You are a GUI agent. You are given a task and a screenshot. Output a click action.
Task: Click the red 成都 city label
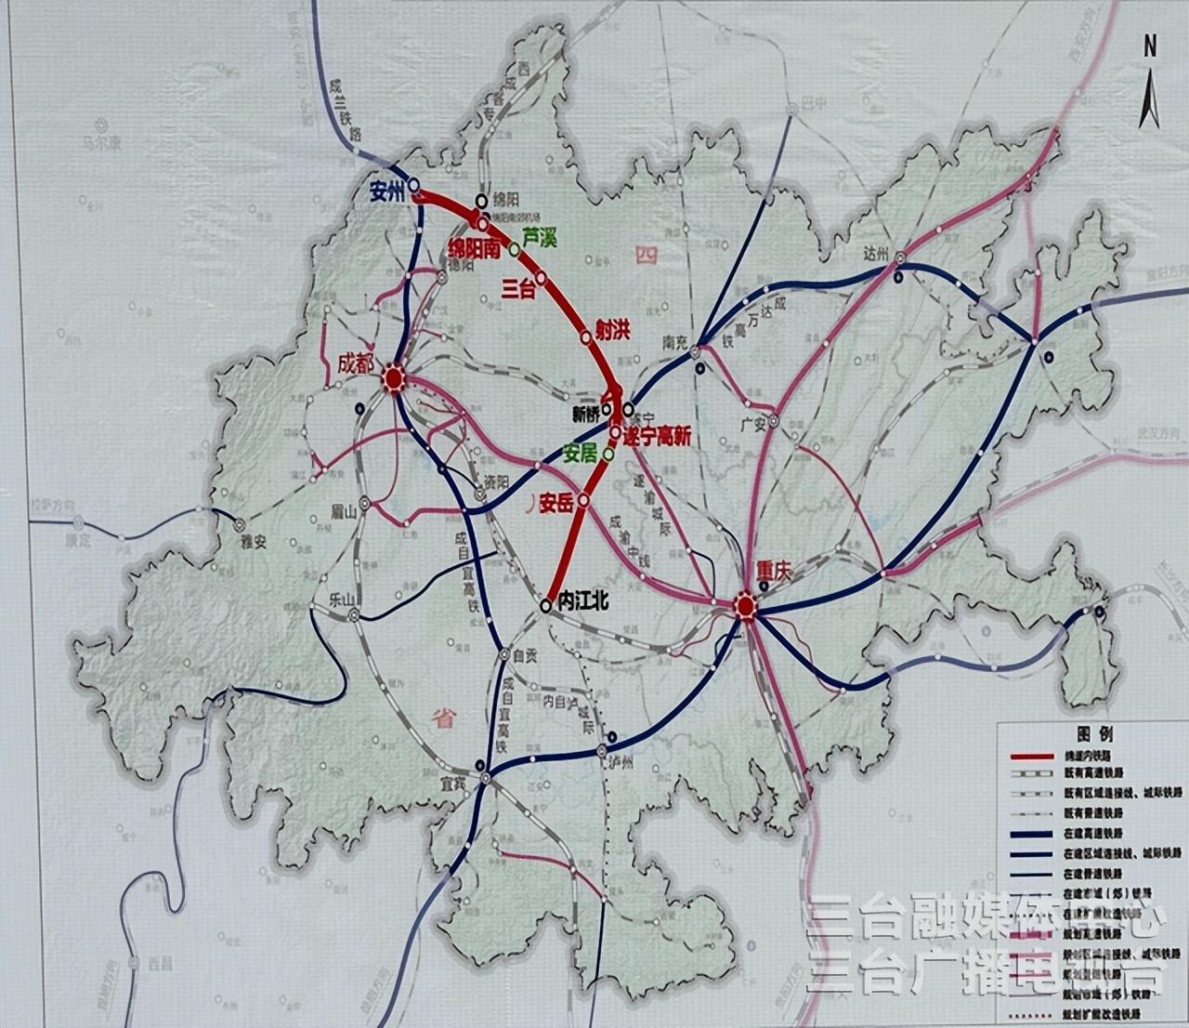click(359, 362)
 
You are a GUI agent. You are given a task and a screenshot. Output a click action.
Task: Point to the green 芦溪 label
click(539, 238)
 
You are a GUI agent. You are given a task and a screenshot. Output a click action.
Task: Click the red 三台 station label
click(518, 288)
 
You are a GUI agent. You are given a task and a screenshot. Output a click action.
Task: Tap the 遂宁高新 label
click(657, 437)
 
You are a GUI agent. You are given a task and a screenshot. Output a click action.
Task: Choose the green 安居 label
click(581, 454)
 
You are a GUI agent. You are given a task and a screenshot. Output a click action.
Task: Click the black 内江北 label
click(582, 602)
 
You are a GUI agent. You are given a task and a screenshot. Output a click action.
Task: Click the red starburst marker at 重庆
click(745, 608)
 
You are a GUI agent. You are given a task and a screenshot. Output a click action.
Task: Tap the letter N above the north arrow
click(1150, 46)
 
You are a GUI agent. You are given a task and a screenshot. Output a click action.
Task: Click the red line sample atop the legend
click(1031, 757)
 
